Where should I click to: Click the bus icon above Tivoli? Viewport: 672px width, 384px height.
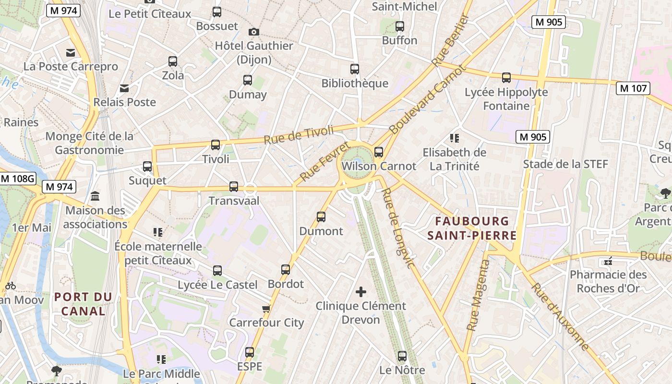[x=216, y=144]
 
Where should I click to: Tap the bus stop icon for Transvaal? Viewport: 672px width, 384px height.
[x=234, y=187]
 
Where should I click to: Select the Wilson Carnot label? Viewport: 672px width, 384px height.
[x=379, y=166]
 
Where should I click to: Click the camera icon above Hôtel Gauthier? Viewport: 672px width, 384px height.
[x=253, y=32]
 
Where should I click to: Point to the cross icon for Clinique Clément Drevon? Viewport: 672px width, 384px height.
[x=361, y=291]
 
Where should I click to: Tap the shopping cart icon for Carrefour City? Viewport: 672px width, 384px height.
[x=266, y=308]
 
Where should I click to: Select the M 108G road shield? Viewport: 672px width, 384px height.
[x=18, y=179]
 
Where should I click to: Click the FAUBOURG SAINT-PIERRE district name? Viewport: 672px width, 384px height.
[x=472, y=228]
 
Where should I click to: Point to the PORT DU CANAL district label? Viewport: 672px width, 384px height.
[x=84, y=304]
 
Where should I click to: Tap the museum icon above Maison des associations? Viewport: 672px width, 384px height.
[x=95, y=196]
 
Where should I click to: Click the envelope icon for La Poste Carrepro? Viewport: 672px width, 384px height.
[x=71, y=53]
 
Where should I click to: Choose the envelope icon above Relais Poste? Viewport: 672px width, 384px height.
[x=124, y=88]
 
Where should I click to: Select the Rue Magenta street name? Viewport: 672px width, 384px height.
[x=479, y=295]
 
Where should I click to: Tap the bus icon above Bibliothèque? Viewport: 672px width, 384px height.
[x=355, y=69]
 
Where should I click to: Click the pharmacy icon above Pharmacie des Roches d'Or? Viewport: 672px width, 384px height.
[x=608, y=262]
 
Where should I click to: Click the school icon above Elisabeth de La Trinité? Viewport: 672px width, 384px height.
[x=454, y=138]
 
